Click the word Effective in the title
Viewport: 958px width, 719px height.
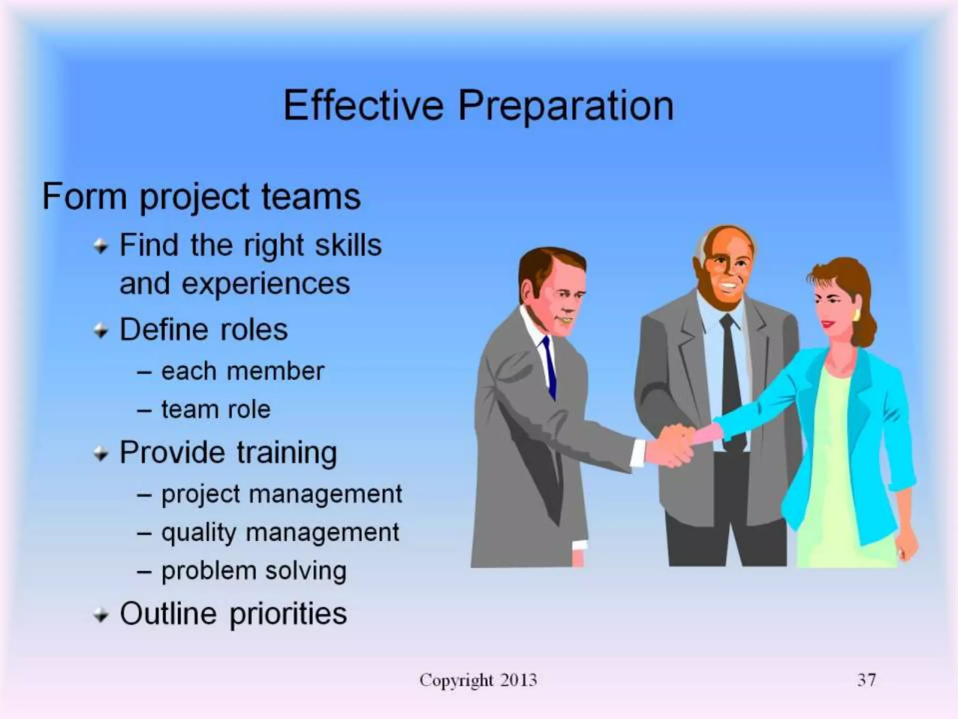click(363, 105)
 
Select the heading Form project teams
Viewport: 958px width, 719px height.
click(201, 197)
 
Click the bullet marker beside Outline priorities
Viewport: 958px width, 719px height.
click(101, 615)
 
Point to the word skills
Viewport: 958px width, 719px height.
click(348, 245)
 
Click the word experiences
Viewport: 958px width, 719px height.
click(266, 284)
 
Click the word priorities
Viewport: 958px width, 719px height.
click(288, 614)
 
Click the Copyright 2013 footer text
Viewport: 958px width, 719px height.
click(478, 680)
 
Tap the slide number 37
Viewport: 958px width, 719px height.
click(866, 680)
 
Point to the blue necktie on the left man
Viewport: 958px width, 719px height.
click(549, 367)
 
